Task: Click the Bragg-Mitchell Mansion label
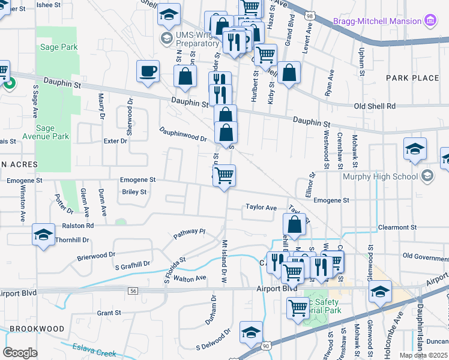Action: point(377,21)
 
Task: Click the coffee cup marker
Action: point(148,72)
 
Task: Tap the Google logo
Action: point(20,352)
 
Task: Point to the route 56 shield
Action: point(133,290)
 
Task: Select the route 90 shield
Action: point(266,346)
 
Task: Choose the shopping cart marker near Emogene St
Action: point(224,176)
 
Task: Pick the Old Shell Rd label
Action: point(375,106)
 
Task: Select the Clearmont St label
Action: point(397,228)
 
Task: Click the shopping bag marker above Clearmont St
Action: point(294,226)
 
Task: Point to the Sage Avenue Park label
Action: point(52,132)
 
